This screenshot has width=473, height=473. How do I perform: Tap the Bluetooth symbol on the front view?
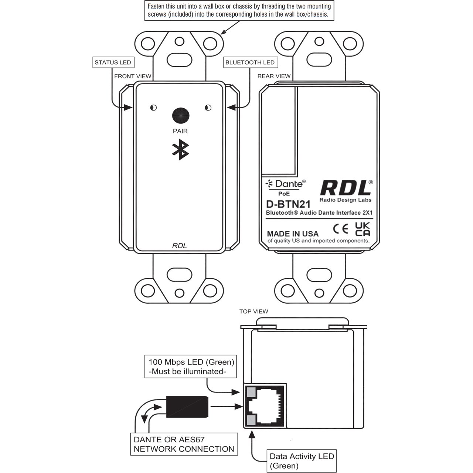(x=180, y=150)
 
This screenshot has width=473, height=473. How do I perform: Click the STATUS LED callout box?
(x=113, y=62)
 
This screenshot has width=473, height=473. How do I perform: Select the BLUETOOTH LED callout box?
(x=251, y=62)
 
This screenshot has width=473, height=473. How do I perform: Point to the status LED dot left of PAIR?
(x=153, y=108)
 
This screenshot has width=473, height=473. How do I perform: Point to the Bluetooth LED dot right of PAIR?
(x=208, y=108)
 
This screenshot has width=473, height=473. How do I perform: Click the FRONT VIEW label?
(x=133, y=76)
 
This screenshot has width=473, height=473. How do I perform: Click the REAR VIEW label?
(x=274, y=76)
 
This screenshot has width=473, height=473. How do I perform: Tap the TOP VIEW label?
(x=253, y=312)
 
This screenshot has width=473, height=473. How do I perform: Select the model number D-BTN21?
(x=288, y=204)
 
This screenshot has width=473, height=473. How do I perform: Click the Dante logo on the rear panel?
(x=286, y=184)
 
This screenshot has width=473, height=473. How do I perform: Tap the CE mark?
(x=341, y=229)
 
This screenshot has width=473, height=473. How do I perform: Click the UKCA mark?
(x=362, y=229)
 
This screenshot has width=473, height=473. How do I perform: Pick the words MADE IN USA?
(x=293, y=234)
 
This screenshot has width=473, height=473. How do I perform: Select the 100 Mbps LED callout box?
(x=190, y=367)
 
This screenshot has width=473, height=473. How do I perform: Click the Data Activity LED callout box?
(x=302, y=461)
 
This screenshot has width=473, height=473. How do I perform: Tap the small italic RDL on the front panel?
(x=180, y=246)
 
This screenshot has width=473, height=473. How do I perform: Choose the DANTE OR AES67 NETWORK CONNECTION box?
(x=184, y=444)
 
